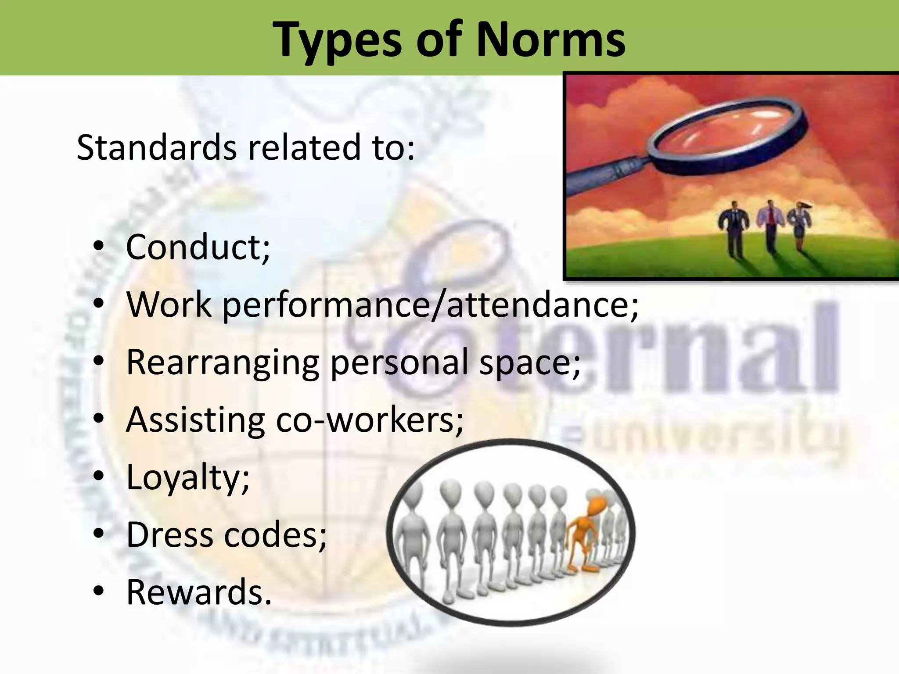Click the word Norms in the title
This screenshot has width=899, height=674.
pyautogui.click(x=550, y=39)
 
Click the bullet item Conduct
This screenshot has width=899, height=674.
pyautogui.click(x=198, y=247)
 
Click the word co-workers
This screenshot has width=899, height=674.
pyautogui.click(x=369, y=419)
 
